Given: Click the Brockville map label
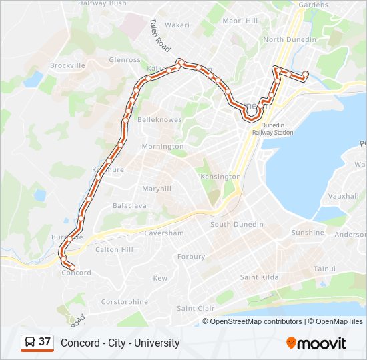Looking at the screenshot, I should (x=67, y=66).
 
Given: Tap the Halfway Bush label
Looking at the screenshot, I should (x=102, y=3).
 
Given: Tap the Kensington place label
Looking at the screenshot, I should (x=221, y=177).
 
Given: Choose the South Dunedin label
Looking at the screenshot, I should (x=237, y=225).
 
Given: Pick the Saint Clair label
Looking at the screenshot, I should (x=196, y=308).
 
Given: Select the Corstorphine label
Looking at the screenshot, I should (x=125, y=302).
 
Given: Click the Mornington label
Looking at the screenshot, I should (x=162, y=147).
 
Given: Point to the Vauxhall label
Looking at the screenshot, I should (x=344, y=197).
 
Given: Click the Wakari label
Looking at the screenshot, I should (x=177, y=25).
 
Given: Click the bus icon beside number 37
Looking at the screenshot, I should (x=30, y=343).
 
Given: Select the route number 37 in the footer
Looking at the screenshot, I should (x=45, y=342).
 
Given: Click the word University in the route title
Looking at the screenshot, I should (x=157, y=343).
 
